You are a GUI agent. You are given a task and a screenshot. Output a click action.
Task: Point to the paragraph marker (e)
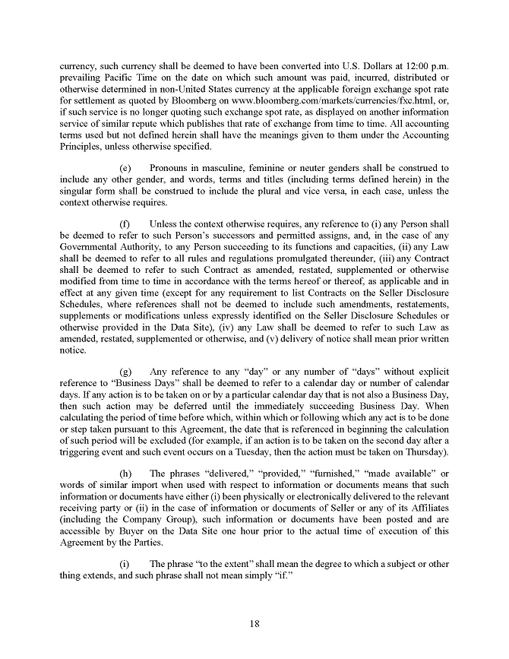(127, 168)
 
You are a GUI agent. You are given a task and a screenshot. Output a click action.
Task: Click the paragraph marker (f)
(127, 224)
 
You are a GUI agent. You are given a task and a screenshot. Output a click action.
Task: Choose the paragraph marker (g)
(127, 372)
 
